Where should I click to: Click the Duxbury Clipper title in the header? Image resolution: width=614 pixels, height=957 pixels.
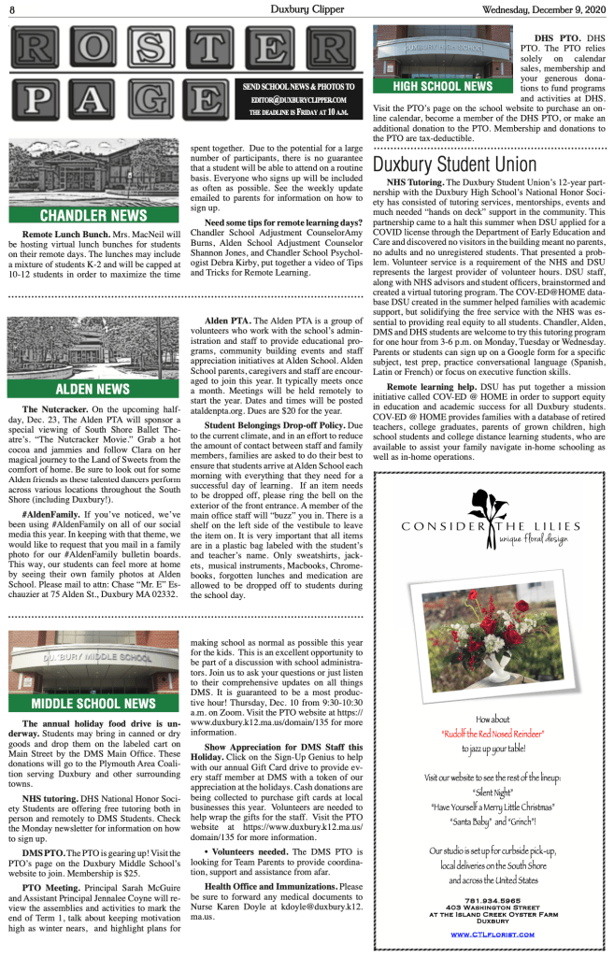pos(307,10)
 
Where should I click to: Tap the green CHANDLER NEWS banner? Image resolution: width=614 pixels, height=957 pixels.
pos(93,216)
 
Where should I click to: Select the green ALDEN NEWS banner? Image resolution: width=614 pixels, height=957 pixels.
pos(93,389)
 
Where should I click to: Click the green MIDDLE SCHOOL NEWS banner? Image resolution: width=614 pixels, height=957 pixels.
pos(93,703)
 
